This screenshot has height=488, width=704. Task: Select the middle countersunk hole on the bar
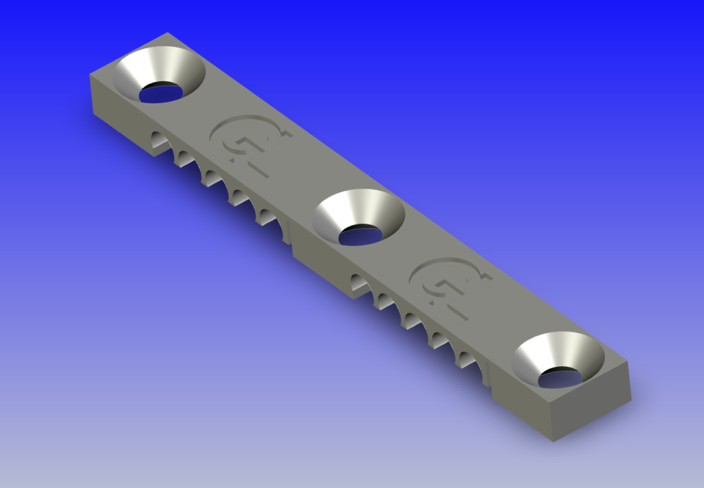point(358,217)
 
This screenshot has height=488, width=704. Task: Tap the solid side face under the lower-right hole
point(522,399)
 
